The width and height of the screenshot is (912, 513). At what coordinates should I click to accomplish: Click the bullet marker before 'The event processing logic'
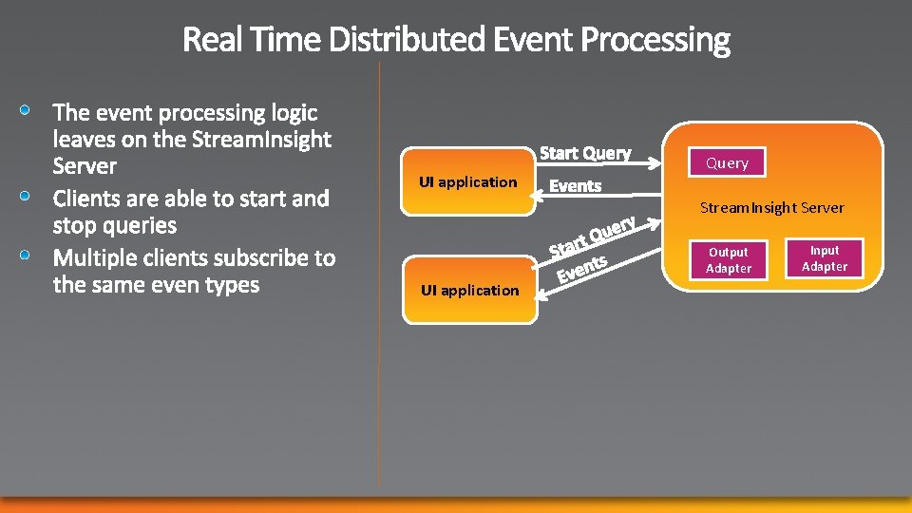(x=30, y=111)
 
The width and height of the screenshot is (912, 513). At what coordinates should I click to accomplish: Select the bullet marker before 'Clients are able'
(x=30, y=197)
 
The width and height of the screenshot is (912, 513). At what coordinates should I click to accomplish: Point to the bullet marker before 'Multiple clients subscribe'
(x=30, y=256)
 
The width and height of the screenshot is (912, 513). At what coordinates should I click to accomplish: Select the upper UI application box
(x=467, y=181)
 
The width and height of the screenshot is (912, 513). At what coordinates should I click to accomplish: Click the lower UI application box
(x=469, y=290)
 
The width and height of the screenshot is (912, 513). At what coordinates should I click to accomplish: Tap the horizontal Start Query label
(x=585, y=153)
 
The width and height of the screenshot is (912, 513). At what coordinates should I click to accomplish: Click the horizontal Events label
(x=576, y=186)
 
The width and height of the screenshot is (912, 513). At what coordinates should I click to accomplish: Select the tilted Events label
(x=581, y=269)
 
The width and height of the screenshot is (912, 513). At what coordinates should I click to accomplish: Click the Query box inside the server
(x=727, y=163)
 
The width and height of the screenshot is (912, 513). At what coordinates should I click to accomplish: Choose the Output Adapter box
(x=729, y=260)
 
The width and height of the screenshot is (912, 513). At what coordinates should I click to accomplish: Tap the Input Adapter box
(x=825, y=258)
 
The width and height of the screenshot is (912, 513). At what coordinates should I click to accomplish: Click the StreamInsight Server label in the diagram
(x=771, y=208)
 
